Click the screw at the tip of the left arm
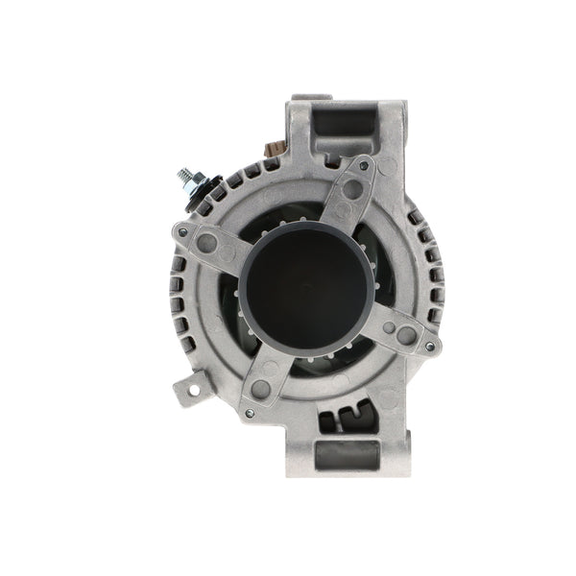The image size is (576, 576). [182, 232]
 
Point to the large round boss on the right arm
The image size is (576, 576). [405, 334]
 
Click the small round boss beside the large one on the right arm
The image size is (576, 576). [387, 326]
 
